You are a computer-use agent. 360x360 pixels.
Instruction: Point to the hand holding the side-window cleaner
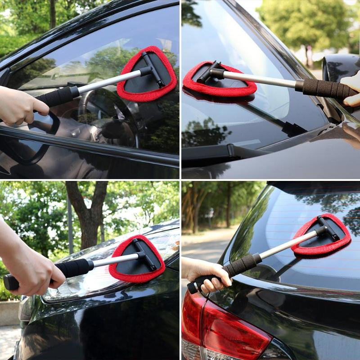click(x=20, y=106)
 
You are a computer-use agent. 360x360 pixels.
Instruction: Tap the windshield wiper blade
click(x=252, y=148)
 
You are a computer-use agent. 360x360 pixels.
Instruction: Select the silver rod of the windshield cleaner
click(x=261, y=78)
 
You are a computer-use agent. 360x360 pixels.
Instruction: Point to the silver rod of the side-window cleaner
click(x=108, y=81)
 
